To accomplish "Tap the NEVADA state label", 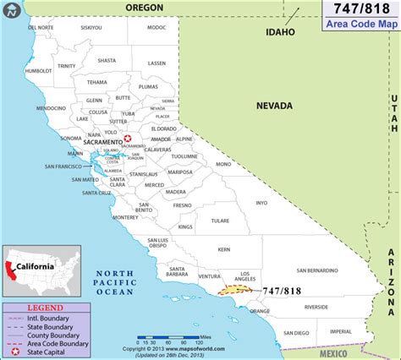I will (275, 106).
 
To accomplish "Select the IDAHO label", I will (280, 32).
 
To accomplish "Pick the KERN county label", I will (223, 249).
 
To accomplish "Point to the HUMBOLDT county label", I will (39, 71).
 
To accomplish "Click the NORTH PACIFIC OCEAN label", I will (114, 282).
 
